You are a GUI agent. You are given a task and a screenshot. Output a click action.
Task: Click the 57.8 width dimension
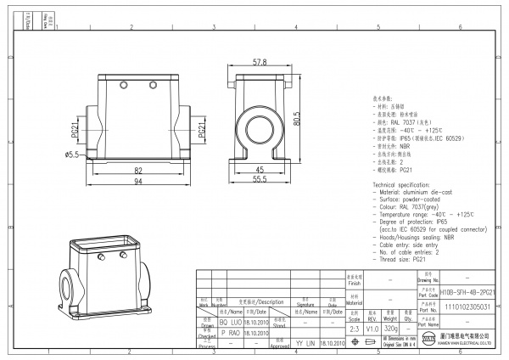coord(260,63)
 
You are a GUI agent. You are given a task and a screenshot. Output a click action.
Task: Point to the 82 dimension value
coord(137,170)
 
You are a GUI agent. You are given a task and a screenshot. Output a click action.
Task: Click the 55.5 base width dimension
coord(260,181)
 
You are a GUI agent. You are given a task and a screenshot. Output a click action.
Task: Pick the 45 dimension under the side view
coord(260,170)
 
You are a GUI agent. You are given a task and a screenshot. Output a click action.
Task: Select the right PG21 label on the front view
coord(202,129)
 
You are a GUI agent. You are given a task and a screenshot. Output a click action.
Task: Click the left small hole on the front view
coord(122,87)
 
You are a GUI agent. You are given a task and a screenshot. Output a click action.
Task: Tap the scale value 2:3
coord(354,328)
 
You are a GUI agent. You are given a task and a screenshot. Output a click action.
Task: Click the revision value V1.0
coord(372,328)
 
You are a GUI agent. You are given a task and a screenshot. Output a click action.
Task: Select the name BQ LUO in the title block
coord(231,323)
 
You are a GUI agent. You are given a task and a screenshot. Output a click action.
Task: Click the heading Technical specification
coord(409,184)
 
